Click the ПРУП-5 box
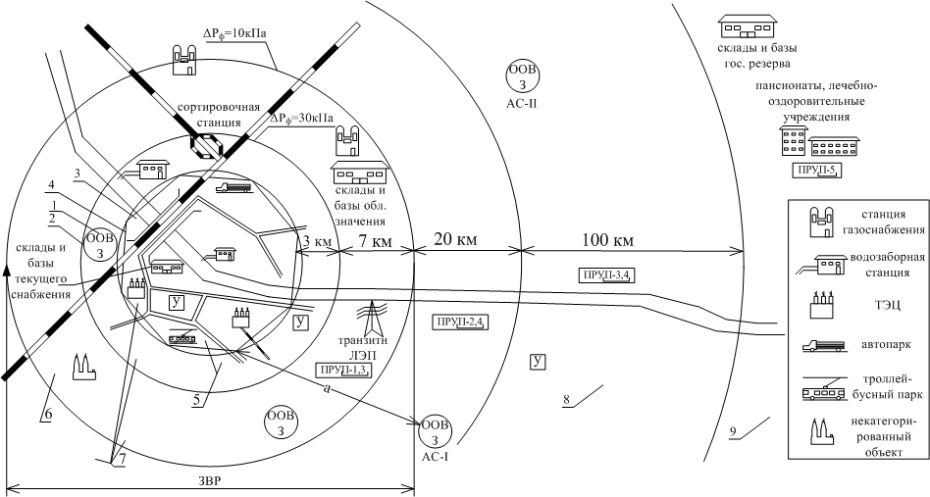817,170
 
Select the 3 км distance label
317,242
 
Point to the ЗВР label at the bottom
209,481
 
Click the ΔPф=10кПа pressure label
234,33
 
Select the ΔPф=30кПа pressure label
302,119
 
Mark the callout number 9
734,432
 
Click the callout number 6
48,415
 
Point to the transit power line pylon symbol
371,319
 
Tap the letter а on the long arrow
327,388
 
